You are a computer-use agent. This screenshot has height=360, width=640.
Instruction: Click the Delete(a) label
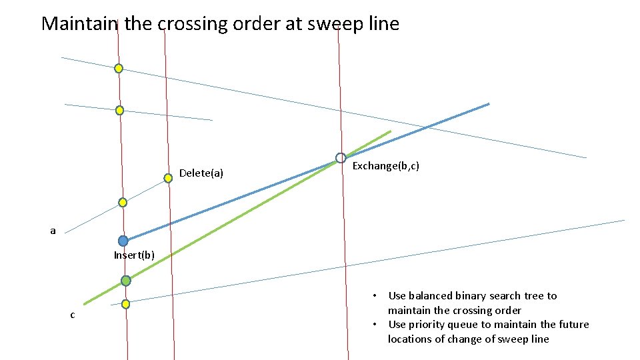201,174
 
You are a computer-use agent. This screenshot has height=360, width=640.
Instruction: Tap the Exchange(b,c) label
385,165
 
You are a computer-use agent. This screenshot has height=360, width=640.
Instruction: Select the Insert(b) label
134,255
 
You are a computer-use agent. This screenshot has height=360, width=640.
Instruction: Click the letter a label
53,231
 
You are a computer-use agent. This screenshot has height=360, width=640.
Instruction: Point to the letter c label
73,315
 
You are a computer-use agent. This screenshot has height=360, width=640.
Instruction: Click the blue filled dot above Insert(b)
123,241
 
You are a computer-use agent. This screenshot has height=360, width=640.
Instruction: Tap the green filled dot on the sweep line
126,281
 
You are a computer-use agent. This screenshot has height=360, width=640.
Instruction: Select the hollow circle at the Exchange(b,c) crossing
341,158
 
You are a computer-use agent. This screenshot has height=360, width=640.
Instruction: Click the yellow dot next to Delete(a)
168,178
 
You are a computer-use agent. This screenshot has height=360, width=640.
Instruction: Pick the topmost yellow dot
118,68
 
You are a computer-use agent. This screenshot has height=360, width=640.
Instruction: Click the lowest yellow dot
125,304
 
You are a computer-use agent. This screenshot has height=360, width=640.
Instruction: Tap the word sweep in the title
325,24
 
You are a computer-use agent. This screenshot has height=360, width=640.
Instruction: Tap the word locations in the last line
411,339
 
